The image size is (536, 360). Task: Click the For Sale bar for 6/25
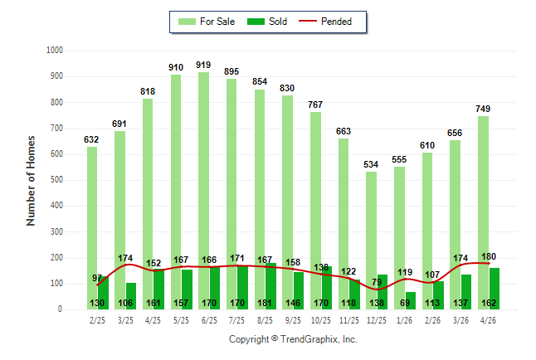tap(204, 191)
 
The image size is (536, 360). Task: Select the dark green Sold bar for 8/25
tap(270, 286)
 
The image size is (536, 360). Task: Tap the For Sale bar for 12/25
tap(371, 241)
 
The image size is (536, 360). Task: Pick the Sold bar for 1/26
tap(410, 301)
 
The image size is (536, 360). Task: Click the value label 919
tap(203, 65)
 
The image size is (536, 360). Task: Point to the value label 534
tap(371, 164)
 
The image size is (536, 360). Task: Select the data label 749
tap(483, 109)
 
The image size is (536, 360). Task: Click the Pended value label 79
tap(377, 282)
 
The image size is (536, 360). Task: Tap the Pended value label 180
tap(489, 256)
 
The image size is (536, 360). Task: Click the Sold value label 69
tap(405, 303)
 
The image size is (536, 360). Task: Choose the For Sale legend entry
tap(207, 22)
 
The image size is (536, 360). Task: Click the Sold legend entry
tap(267, 22)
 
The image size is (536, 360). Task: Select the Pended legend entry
tap(325, 22)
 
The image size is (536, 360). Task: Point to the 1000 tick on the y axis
tap(55, 51)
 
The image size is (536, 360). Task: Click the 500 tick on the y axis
tap(56, 180)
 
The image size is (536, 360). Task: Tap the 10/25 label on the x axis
tap(321, 320)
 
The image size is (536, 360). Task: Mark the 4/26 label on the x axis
tap(488, 320)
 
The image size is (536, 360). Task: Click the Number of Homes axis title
tap(31, 181)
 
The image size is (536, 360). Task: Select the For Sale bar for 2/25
tap(92, 228)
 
